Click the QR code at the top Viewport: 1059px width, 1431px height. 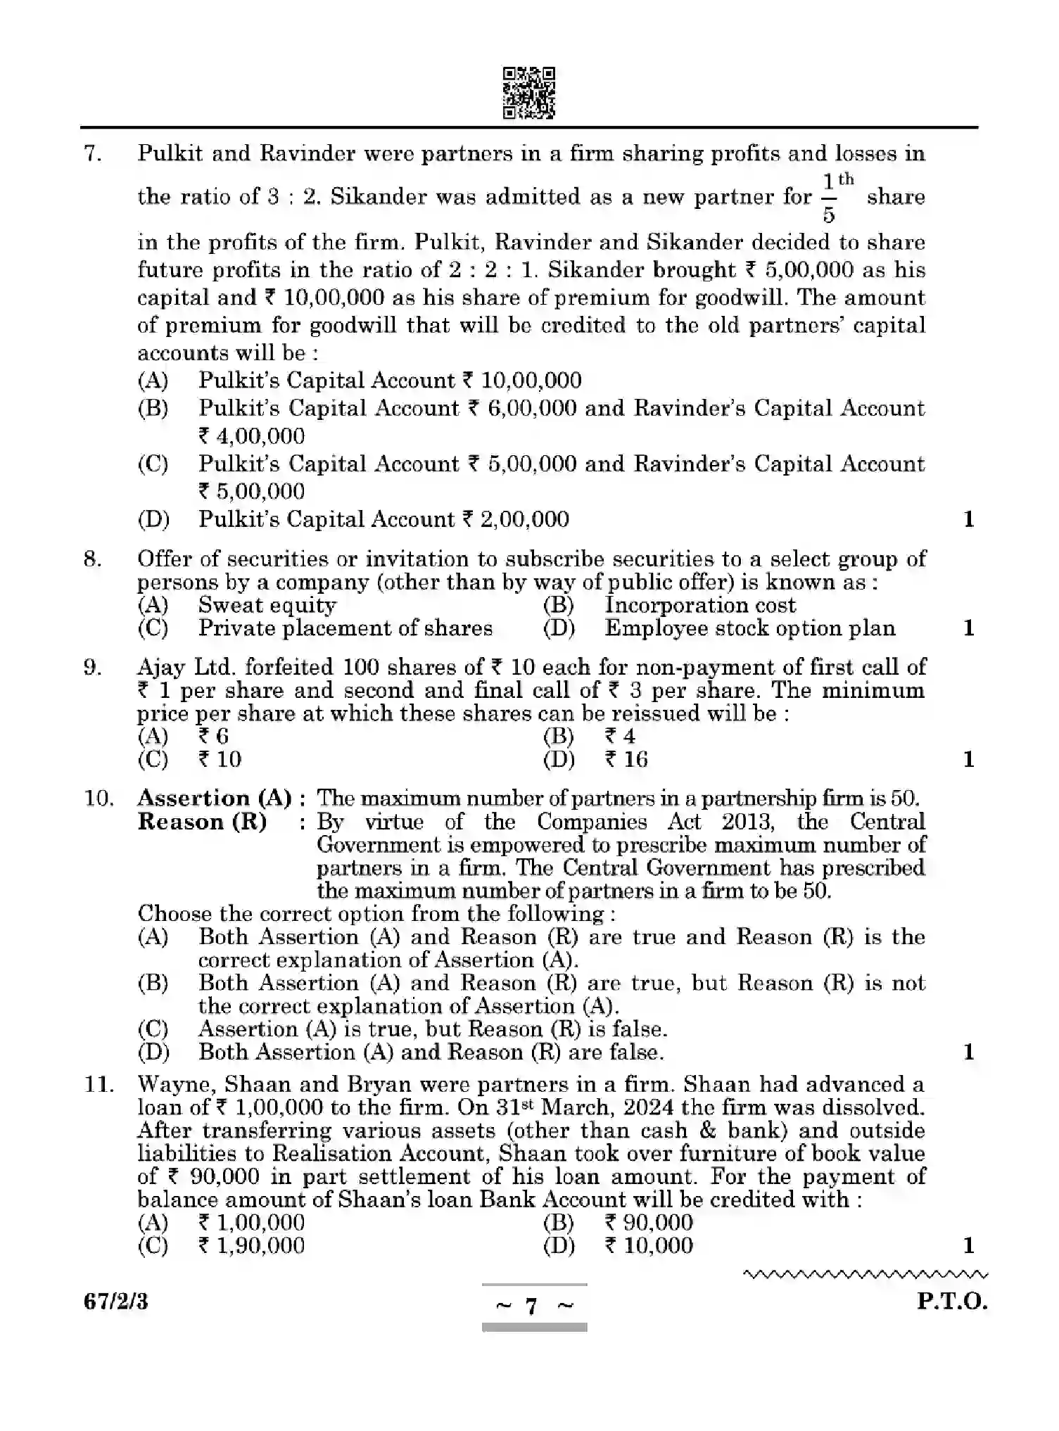(x=528, y=93)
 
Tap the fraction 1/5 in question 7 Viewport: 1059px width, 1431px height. (x=829, y=198)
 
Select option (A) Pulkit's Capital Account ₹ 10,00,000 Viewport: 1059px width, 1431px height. (x=389, y=381)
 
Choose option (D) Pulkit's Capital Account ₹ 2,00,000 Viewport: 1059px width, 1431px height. (x=383, y=519)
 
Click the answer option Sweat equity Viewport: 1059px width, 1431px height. (x=267, y=605)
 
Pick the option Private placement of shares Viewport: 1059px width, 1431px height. (x=345, y=628)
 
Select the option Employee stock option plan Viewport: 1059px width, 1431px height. (x=749, y=628)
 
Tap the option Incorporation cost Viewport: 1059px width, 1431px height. (x=700, y=605)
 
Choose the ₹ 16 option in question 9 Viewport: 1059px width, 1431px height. (x=626, y=759)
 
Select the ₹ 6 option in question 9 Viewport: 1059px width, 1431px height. (x=213, y=737)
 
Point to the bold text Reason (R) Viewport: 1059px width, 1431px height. (x=202, y=822)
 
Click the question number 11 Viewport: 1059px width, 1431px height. (x=99, y=1085)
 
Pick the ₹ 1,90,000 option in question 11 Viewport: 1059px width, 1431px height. (x=251, y=1245)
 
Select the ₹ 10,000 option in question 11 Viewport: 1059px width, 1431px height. (x=648, y=1245)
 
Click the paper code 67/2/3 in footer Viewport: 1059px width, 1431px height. (x=116, y=1302)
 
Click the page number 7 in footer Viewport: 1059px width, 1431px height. (x=532, y=1306)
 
